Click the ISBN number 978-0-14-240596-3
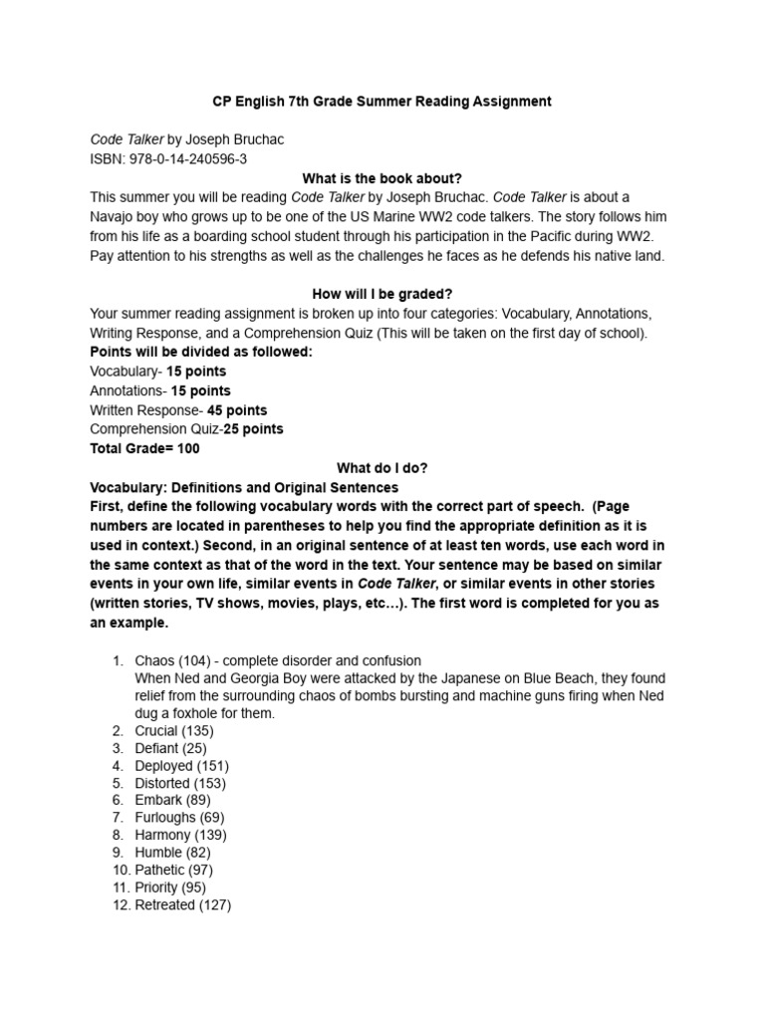point(184,159)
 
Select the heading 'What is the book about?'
point(382,178)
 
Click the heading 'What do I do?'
point(382,467)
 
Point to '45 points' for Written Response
point(237,410)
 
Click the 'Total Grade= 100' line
point(144,448)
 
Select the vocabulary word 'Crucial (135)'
point(174,730)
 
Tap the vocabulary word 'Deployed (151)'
point(181,766)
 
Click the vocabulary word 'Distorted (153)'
point(181,783)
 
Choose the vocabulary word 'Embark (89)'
point(172,800)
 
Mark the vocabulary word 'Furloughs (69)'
point(179,818)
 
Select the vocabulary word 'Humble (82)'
point(172,853)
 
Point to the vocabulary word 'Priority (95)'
point(170,888)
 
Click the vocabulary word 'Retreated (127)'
point(183,905)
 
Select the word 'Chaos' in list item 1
point(154,660)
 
